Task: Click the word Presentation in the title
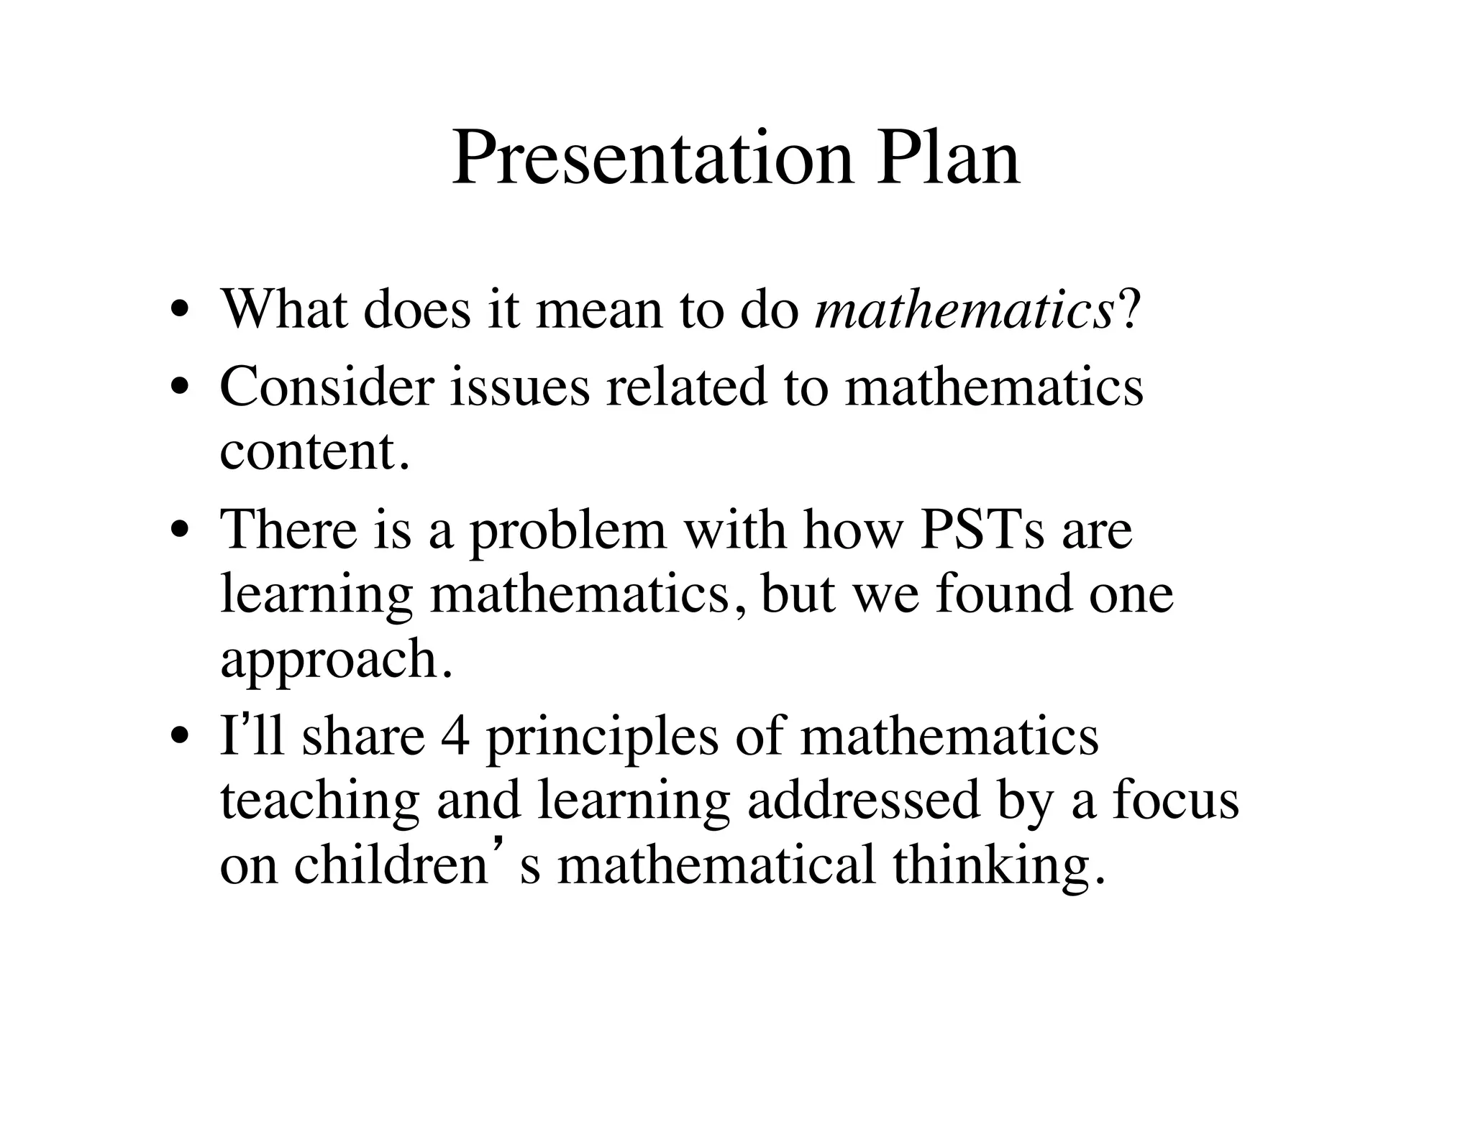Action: [652, 158]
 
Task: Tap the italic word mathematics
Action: [964, 310]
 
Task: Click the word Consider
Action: [327, 387]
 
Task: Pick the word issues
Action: [519, 387]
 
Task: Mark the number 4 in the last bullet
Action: [455, 737]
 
